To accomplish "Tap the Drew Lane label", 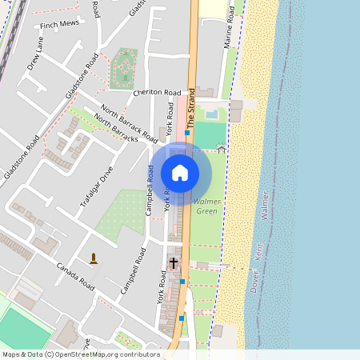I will click(x=38, y=57).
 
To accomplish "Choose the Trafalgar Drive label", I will click(x=97, y=183).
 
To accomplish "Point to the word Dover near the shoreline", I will click(x=255, y=282).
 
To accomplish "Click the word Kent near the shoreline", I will click(x=258, y=250).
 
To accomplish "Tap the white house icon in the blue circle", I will click(x=180, y=172).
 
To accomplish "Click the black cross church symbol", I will click(x=174, y=262).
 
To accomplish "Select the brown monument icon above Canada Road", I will click(x=94, y=258).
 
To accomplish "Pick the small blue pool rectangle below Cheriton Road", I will click(x=210, y=114).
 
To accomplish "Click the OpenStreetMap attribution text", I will click(x=81, y=354).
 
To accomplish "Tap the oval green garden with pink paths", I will click(x=124, y=68).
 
